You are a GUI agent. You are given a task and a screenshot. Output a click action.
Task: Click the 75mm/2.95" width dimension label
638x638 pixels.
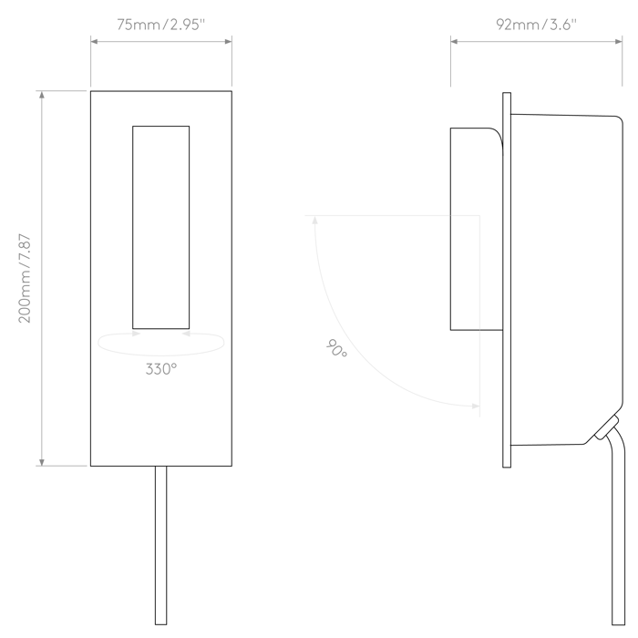[161, 25]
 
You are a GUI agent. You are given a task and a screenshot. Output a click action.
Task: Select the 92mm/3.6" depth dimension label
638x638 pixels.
[536, 25]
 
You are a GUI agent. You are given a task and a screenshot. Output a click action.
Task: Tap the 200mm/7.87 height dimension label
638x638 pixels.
[25, 278]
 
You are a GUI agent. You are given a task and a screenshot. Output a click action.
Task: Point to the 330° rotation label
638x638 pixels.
[161, 369]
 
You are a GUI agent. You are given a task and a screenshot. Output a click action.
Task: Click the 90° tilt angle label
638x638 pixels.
[336, 349]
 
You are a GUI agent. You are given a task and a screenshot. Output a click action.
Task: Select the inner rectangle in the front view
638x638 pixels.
[160, 228]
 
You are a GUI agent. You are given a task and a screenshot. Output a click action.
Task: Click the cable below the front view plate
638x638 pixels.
[160, 545]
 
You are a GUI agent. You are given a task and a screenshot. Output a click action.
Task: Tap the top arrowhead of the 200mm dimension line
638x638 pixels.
[42, 95]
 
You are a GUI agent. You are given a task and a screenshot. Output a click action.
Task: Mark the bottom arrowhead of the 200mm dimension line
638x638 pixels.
[42, 461]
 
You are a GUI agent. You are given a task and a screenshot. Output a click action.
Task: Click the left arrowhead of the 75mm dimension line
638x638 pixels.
[95, 41]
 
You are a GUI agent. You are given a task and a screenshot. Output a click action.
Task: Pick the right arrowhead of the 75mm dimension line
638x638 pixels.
[228, 41]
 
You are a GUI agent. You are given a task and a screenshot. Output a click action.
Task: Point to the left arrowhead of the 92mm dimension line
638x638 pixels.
[455, 41]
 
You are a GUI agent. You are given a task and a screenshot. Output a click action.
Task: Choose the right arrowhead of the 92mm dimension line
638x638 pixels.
[618, 41]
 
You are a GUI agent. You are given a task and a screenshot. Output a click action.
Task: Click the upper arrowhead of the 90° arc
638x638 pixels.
[314, 221]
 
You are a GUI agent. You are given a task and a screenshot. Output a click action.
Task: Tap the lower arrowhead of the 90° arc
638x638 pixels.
[475, 406]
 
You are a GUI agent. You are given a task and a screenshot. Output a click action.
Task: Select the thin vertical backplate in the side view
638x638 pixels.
[507, 280]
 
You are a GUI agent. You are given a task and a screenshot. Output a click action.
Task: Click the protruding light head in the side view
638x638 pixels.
[477, 229]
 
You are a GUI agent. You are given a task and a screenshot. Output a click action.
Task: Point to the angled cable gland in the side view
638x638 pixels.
[607, 427]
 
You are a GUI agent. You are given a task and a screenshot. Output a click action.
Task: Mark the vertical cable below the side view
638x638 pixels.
[619, 529]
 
